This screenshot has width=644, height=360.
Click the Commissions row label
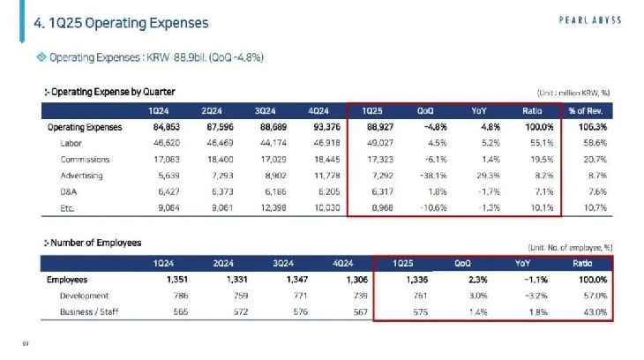pos(85,160)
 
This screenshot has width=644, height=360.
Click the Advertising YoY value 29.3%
pos(485,176)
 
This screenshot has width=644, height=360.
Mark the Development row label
pos(84,296)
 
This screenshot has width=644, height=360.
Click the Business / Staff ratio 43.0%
pos(595,312)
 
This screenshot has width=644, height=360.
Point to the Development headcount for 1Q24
pos(163,296)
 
